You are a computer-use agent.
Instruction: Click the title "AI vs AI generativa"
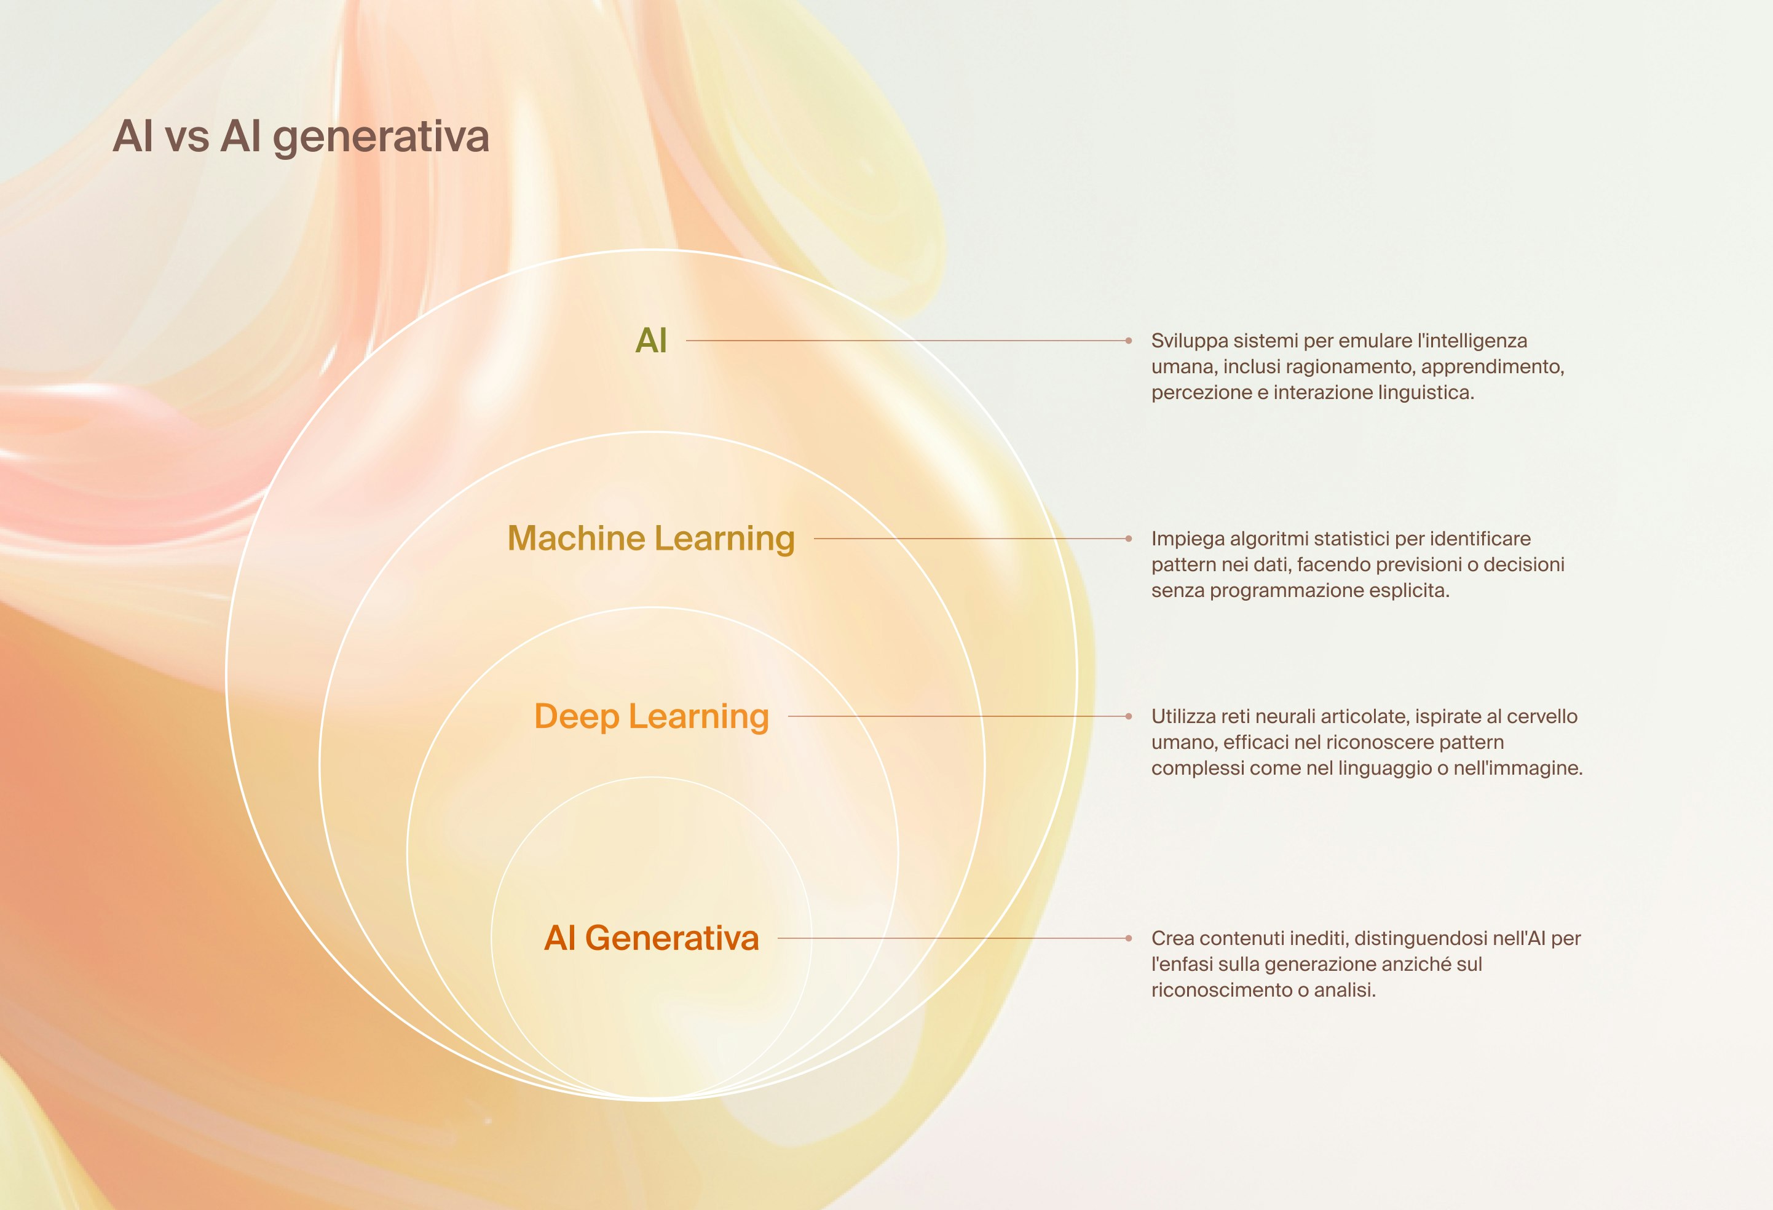301,137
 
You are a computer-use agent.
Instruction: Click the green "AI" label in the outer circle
651,340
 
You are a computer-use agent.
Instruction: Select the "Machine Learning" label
651,539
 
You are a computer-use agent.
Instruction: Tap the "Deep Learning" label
651,717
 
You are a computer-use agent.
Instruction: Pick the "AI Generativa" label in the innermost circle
651,938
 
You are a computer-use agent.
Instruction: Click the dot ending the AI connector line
1128,340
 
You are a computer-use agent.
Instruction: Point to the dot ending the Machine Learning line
1128,539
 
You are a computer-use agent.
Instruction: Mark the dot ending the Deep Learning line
1128,716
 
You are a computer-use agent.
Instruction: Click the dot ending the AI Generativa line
1128,938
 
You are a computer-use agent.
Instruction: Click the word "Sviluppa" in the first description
1187,341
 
